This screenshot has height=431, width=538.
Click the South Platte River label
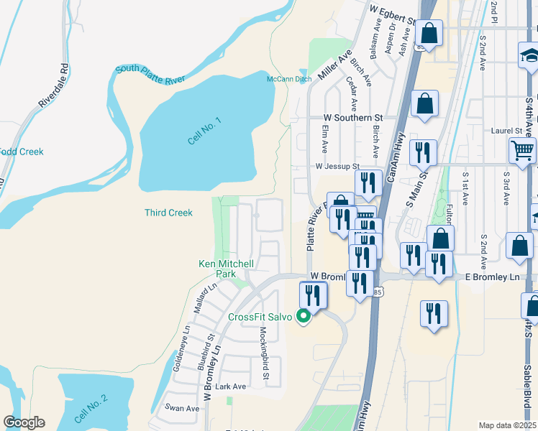pyautogui.click(x=150, y=73)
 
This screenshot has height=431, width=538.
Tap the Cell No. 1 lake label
pyautogui.click(x=205, y=130)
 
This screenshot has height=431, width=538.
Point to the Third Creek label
pyautogui.click(x=168, y=213)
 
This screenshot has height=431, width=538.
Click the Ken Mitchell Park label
pyautogui.click(x=227, y=269)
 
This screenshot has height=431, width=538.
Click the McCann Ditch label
pyautogui.click(x=289, y=79)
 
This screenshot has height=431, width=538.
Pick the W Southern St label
pyautogui.click(x=352, y=117)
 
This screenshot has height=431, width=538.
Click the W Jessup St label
pyautogui.click(x=337, y=166)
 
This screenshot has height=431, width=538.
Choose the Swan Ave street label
pyautogui.click(x=182, y=408)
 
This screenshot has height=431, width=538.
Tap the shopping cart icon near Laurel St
pyautogui.click(x=522, y=151)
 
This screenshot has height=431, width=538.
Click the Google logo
pyautogui.click(x=24, y=422)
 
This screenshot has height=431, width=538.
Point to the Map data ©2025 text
pyautogui.click(x=507, y=425)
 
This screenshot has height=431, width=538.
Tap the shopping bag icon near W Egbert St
pyautogui.click(x=429, y=33)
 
